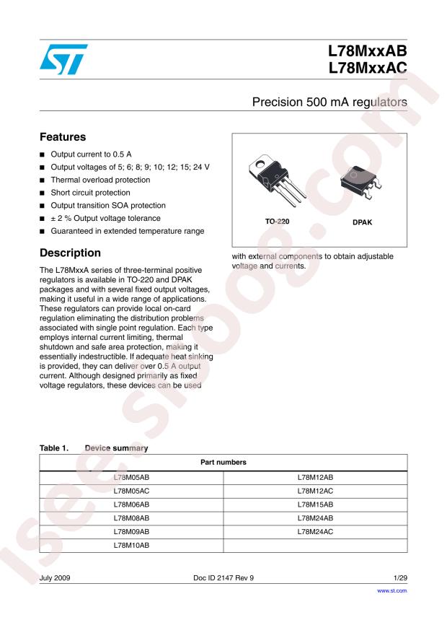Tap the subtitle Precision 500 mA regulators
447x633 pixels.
tap(329, 103)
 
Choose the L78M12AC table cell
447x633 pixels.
tap(315, 491)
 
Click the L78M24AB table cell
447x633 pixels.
tap(315, 518)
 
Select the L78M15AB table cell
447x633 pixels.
tap(315, 505)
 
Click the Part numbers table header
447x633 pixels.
tap(223, 462)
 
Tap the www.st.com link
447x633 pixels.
tap(393, 590)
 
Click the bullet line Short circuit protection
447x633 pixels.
tap(90, 193)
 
